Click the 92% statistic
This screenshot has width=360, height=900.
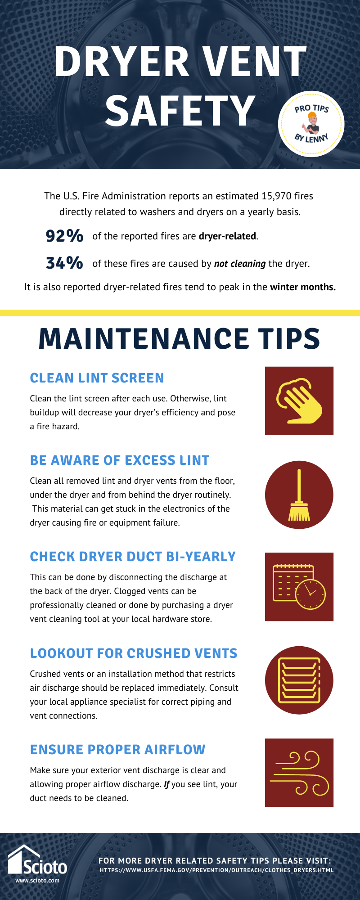(x=64, y=236)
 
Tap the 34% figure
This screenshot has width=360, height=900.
(x=64, y=263)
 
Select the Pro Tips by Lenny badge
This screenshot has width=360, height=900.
(x=311, y=123)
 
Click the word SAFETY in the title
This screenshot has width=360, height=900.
(x=180, y=111)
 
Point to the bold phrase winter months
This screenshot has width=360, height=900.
(x=302, y=287)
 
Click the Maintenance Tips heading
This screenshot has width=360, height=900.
(x=179, y=338)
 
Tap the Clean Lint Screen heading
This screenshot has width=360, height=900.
(x=97, y=378)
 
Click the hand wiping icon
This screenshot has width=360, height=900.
(x=299, y=401)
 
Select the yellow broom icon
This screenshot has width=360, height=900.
(x=299, y=495)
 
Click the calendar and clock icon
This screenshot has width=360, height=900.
(x=299, y=587)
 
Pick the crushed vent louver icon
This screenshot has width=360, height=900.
(x=299, y=680)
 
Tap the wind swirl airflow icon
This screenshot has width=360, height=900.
(x=299, y=773)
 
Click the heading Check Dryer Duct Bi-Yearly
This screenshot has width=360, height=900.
(x=133, y=557)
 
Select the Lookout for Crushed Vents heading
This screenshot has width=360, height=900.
(x=133, y=653)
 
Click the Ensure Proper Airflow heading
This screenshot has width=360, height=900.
(x=117, y=750)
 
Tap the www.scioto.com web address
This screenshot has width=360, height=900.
(x=37, y=881)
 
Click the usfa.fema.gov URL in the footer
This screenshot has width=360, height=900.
(x=216, y=870)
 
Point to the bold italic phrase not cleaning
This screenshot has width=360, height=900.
(x=239, y=264)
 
